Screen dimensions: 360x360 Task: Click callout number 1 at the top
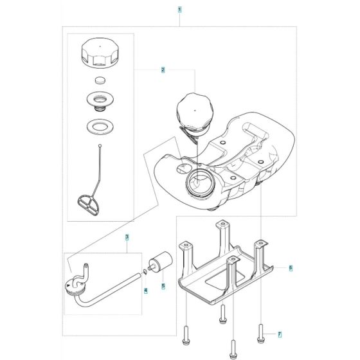[x=179, y=10]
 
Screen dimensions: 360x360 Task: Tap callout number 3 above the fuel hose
[x=127, y=238]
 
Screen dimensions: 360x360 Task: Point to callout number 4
[x=145, y=291]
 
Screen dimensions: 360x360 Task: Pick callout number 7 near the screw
[x=280, y=334]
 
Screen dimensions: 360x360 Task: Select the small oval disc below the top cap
[x=99, y=80]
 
